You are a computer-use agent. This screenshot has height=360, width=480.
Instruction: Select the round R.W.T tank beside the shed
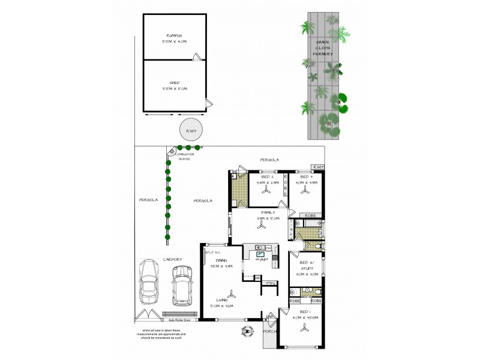click(190, 130)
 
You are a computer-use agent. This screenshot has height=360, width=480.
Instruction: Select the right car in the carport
click(182, 287)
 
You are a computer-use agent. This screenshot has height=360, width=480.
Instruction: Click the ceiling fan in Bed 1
click(305, 328)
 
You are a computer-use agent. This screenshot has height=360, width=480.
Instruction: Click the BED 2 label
click(265, 178)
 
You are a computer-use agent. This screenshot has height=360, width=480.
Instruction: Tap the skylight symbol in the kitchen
click(261, 254)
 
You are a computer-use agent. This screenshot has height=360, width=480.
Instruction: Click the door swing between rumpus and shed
click(195, 58)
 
